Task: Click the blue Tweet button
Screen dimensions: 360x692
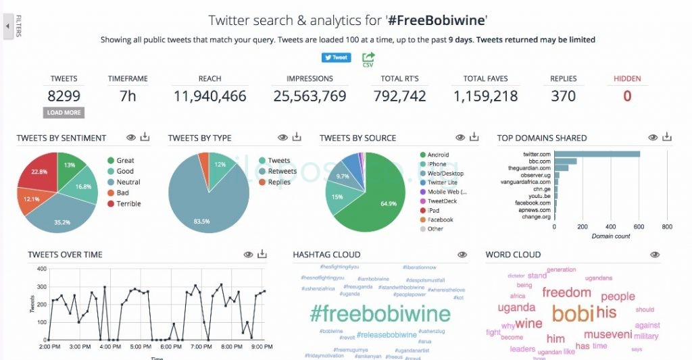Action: (x=336, y=57)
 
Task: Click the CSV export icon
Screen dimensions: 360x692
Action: (x=368, y=59)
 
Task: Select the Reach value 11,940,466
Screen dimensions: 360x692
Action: (x=210, y=96)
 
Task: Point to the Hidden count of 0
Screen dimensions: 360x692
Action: (x=627, y=96)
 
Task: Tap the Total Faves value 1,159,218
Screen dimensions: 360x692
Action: (x=485, y=96)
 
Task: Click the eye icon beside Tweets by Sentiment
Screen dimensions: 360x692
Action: (x=131, y=138)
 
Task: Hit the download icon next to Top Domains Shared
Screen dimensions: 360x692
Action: (x=667, y=137)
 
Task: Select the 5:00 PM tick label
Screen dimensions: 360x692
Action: (x=141, y=346)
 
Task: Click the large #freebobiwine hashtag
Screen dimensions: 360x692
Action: (x=380, y=313)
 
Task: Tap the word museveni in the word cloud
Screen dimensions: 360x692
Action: (x=608, y=334)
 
